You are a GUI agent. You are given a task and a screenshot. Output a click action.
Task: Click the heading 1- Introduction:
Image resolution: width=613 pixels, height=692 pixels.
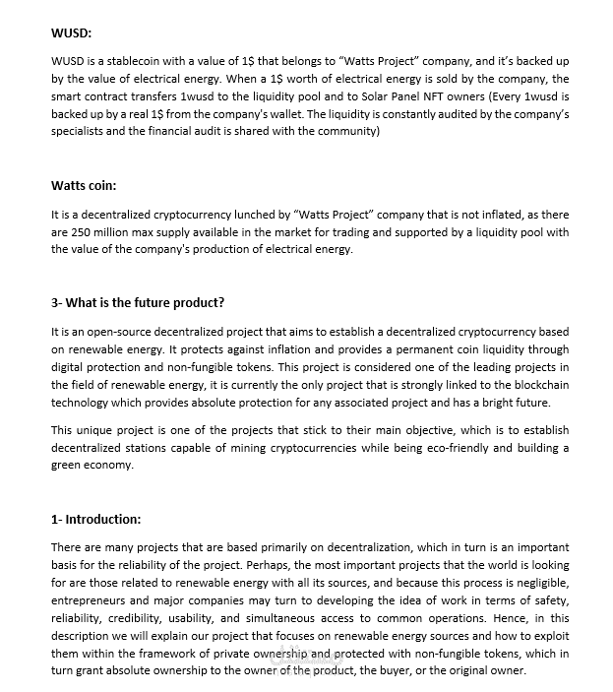[95, 519]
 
